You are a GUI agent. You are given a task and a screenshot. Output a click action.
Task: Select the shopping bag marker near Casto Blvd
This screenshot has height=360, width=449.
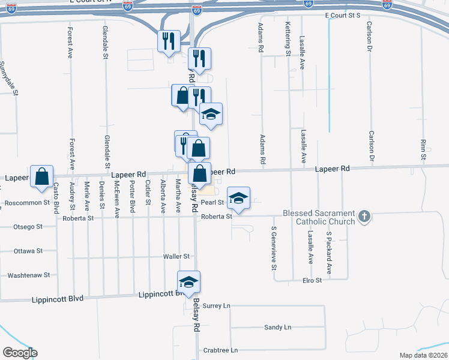(x=41, y=177)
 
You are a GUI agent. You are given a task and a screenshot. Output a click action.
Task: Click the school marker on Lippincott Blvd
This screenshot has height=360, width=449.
(x=188, y=283)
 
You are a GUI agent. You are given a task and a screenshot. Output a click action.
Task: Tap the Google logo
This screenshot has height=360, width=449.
(x=20, y=353)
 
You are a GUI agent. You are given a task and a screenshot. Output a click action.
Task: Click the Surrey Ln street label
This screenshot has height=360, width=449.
(x=217, y=305)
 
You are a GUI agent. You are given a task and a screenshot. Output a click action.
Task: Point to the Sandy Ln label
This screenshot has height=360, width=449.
(x=277, y=327)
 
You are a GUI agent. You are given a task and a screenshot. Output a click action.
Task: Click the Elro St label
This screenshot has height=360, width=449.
(x=311, y=280)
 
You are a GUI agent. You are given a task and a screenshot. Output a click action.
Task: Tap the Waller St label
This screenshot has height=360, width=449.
(x=176, y=256)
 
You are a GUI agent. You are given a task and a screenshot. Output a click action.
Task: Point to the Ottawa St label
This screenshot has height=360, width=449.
(x=28, y=251)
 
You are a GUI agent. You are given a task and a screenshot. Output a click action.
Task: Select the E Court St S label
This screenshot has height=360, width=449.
(x=342, y=15)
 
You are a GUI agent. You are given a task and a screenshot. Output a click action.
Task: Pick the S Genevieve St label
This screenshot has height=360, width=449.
(x=273, y=245)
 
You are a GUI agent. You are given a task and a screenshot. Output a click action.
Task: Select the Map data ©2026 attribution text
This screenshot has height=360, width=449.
(x=423, y=355)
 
